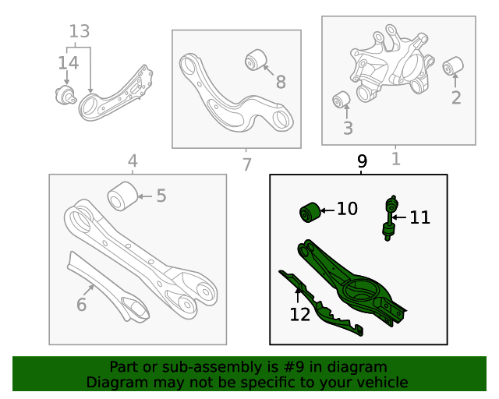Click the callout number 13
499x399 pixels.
coord(80,31)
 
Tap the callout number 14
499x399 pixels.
coord(68,63)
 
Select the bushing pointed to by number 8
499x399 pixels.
coord(256,60)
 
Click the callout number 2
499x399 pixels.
coord(456,97)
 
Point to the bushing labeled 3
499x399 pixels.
coord(342,100)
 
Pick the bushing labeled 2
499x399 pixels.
coord(453,66)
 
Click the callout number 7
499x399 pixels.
coord(246,164)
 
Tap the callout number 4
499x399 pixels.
coord(133,161)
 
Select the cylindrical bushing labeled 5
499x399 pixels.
coord(122,196)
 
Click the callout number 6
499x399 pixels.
coord(81,305)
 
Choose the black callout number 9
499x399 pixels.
coord(362,161)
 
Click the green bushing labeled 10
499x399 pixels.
coord(310,212)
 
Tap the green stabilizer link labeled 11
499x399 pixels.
coord(390,218)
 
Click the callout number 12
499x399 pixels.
coord(299,315)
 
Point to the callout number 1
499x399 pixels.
coord(395,159)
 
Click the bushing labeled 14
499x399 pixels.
coord(65,95)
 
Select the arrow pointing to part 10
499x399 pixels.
coord(327,210)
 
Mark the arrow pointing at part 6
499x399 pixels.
coord(89,290)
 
